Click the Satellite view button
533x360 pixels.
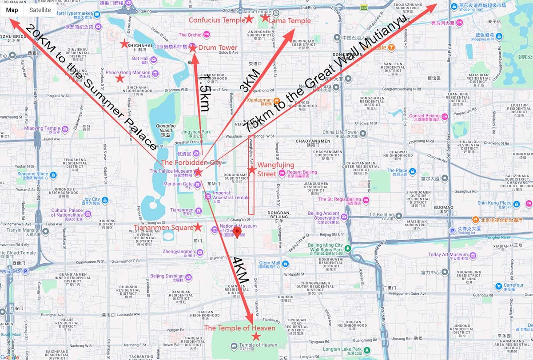tap(40, 10)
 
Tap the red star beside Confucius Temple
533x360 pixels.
tap(249, 19)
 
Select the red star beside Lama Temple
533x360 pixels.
tap(265, 18)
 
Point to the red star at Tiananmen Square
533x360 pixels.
tap(198, 227)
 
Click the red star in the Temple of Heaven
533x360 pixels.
tap(256, 336)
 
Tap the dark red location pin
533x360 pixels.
tap(237, 232)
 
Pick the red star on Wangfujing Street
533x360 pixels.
tap(252, 170)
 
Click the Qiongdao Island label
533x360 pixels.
tap(164, 128)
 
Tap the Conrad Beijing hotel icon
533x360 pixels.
tap(444, 117)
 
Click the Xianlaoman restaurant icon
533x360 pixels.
tap(277, 100)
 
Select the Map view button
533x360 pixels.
tap(12, 10)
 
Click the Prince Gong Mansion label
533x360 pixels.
tap(128, 73)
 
